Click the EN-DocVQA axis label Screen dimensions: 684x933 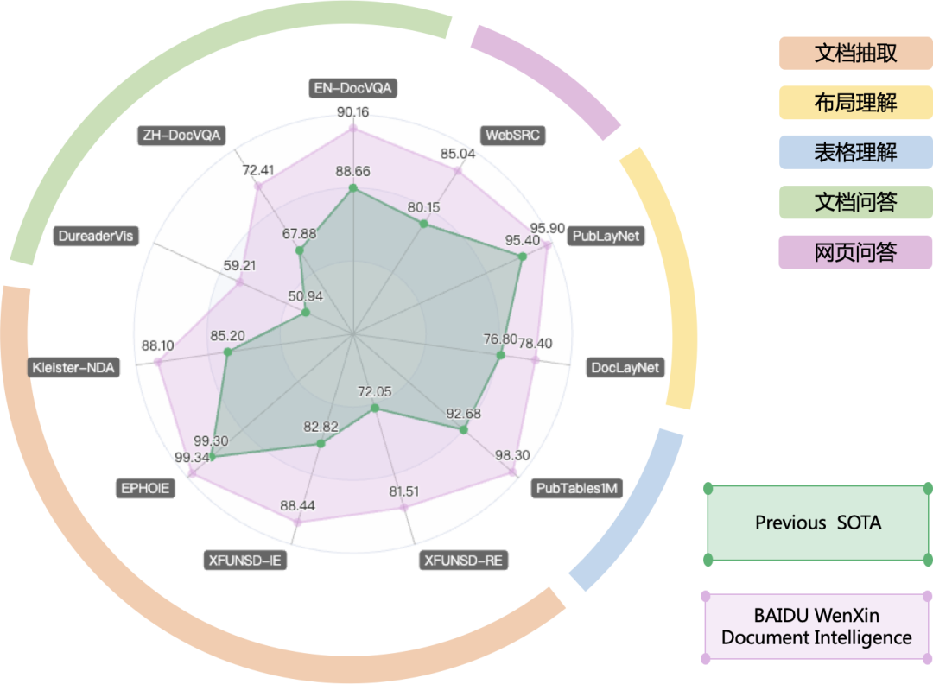tap(352, 88)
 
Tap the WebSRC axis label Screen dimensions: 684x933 tap(515, 136)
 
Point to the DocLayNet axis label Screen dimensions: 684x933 tap(625, 368)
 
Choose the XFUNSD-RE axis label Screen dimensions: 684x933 tap(463, 560)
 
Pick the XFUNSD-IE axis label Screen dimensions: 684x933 tap(244, 560)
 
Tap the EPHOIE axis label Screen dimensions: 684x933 tap(145, 488)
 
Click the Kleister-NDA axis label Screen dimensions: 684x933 tap(73, 367)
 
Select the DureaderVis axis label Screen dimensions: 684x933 tap(98, 236)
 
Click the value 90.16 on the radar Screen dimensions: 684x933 tap(352, 112)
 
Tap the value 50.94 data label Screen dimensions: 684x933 tap(306, 296)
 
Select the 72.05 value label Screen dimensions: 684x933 tap(374, 391)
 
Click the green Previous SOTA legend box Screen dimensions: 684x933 tap(818, 523)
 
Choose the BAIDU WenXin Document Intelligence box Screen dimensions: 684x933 tap(816, 627)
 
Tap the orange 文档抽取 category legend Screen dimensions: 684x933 tap(855, 53)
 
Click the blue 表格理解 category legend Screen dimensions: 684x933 tap(855, 153)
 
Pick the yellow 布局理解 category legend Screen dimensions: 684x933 tap(855, 103)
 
